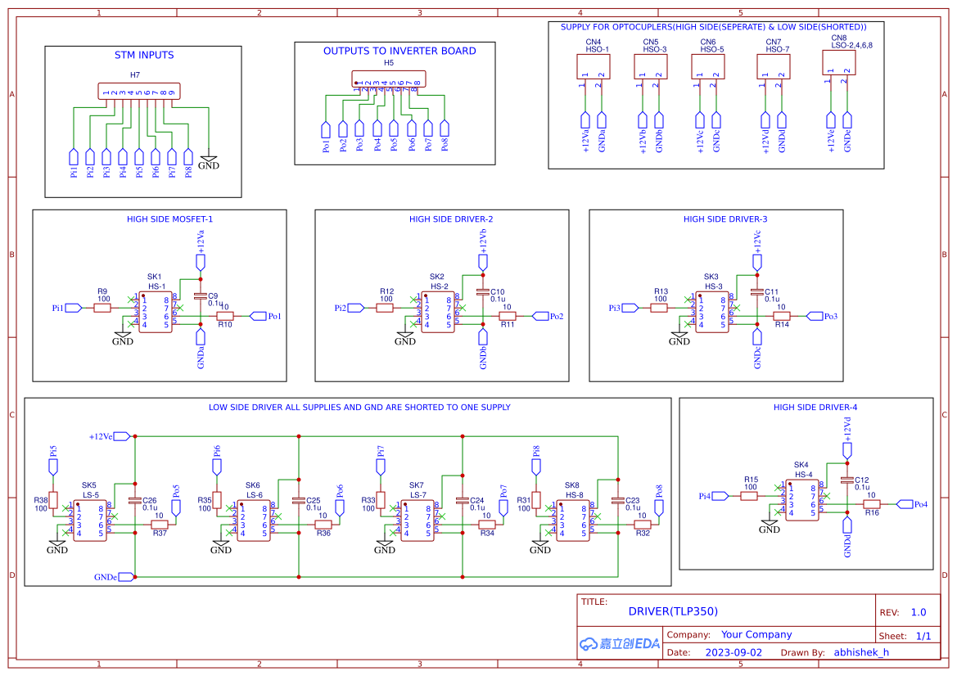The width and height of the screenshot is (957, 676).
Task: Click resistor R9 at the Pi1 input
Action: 102,308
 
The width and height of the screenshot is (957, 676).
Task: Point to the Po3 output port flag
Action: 815,316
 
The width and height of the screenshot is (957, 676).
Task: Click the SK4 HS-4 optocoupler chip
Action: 802,500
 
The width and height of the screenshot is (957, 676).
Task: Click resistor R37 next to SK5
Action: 160,524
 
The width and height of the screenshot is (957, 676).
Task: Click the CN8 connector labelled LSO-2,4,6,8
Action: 839,63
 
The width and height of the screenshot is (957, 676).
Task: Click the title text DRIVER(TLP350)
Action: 673,611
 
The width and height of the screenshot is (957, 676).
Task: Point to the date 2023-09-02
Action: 733,652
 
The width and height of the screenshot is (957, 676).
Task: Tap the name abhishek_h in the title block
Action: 860,652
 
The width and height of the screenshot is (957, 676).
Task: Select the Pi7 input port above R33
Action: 380,466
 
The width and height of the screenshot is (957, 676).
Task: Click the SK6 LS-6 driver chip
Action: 254,521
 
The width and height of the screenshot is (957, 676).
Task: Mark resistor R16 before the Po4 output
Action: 872,504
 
